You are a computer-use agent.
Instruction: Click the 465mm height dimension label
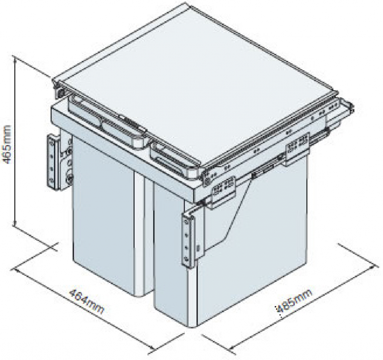pos(6,144)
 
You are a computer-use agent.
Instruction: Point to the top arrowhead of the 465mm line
pos(15,57)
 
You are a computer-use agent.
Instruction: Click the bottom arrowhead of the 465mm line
pos(15,225)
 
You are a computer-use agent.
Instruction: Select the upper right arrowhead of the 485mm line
pos(375,267)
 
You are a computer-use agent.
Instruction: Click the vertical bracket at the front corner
pos(189,239)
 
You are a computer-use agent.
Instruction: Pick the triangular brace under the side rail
pos(232,209)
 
